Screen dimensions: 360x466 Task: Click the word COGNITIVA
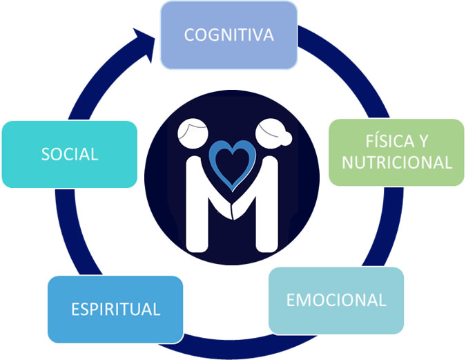229,35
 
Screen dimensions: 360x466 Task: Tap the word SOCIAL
69,154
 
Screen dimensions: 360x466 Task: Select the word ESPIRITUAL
116,308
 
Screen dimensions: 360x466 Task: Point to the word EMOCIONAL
336,301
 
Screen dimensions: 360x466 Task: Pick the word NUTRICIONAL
397,163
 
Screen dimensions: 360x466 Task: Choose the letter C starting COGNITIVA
189,35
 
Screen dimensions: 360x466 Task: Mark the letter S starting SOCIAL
45,154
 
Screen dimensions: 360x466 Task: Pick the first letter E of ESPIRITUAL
75,308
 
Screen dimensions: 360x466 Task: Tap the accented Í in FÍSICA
373,141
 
